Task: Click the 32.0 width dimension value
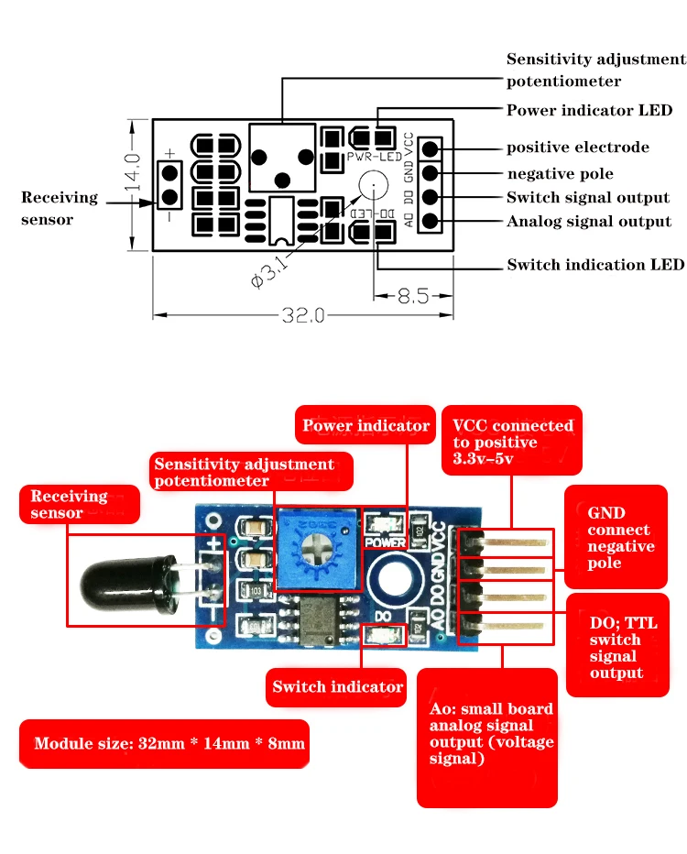[302, 315]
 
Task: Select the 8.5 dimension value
[413, 296]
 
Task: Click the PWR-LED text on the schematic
[375, 157]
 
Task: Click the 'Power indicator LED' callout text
[589, 111]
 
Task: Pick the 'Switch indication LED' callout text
[595, 265]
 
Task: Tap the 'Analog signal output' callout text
[589, 222]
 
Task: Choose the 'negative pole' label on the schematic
[561, 174]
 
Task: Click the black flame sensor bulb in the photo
[128, 584]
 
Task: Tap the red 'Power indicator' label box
[365, 425]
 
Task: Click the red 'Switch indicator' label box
[336, 687]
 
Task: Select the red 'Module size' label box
[164, 744]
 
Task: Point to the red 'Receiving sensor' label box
[80, 504]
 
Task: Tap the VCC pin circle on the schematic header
[430, 148]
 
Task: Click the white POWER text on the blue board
[385, 542]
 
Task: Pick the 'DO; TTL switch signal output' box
[618, 645]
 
